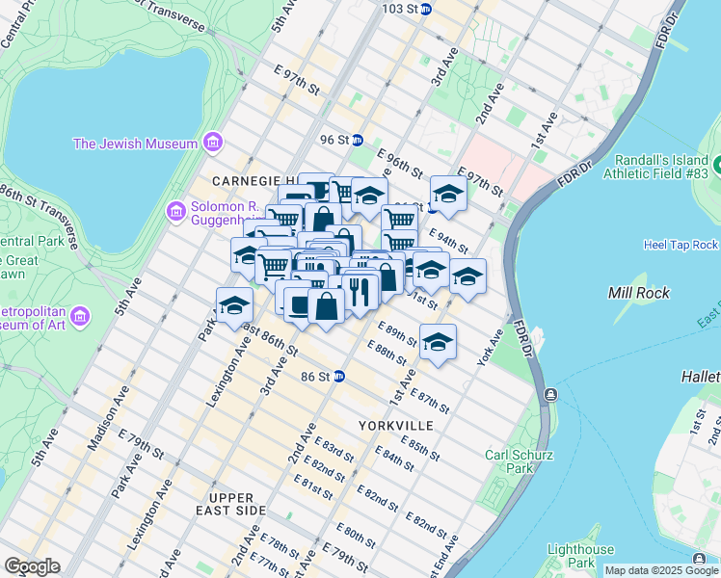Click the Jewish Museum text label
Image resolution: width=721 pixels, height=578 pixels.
(x=135, y=144)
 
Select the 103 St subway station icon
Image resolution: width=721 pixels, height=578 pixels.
(x=426, y=9)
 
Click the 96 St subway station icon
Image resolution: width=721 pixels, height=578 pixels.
(x=357, y=140)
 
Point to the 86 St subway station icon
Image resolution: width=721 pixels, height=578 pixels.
(x=339, y=377)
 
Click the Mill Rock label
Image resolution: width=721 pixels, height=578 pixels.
(x=633, y=291)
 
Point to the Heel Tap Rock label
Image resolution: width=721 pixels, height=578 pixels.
(x=681, y=246)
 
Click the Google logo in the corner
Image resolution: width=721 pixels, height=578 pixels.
(x=31, y=566)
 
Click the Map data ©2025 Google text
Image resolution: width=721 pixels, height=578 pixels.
(x=661, y=570)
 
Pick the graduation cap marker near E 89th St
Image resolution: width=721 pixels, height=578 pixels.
(x=438, y=342)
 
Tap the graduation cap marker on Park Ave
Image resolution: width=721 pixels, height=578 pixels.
(x=234, y=304)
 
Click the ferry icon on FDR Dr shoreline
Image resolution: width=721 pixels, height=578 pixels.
(x=549, y=395)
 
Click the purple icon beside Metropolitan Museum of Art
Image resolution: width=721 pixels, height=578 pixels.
(x=81, y=316)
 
